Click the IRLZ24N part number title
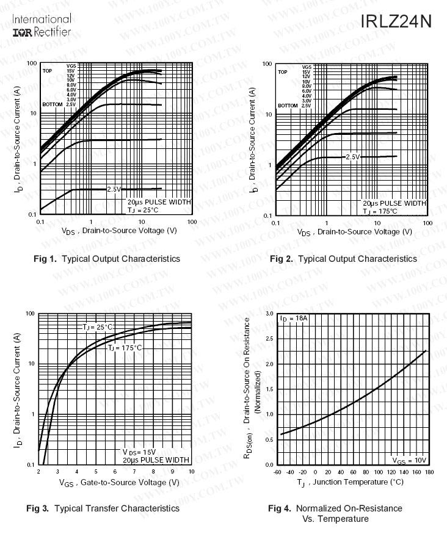pyautogui.click(x=396, y=21)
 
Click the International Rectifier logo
pyautogui.click(x=42, y=25)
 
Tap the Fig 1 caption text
pyautogui.click(x=107, y=259)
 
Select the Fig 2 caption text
pyautogui.click(x=343, y=259)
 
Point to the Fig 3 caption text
pyautogui.click(x=103, y=508)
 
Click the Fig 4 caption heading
pyautogui.click(x=335, y=508)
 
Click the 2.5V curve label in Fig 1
pyautogui.click(x=115, y=190)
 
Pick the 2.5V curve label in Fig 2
pyautogui.click(x=353, y=157)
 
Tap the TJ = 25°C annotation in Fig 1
pyautogui.click(x=143, y=210)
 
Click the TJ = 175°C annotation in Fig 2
pyautogui.click(x=380, y=211)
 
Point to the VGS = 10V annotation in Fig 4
pyautogui.click(x=409, y=460)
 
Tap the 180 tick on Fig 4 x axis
pyautogui.click(x=429, y=472)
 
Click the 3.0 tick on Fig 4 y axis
pyautogui.click(x=269, y=313)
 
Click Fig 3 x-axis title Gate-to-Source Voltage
pyautogui.click(x=119, y=483)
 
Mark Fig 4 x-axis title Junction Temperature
pyautogui.click(x=351, y=483)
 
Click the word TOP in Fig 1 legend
pyautogui.click(x=47, y=71)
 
